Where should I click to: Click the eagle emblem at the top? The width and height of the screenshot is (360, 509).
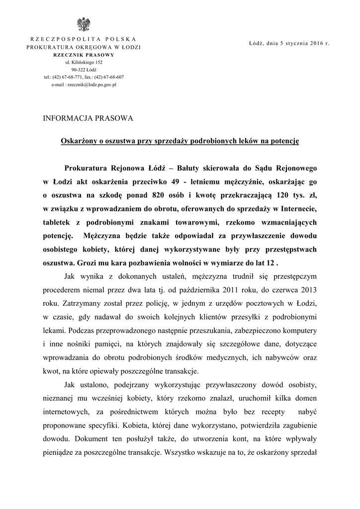coord(84,24)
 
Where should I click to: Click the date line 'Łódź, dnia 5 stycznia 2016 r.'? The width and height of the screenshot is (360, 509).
coord(289,44)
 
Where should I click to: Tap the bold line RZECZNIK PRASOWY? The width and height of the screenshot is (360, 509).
coord(84,55)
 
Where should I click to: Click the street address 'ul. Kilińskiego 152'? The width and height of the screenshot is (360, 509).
coord(84,63)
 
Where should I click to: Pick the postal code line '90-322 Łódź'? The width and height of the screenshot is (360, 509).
coord(84,70)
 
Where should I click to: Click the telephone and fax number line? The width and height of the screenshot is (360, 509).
coord(84,78)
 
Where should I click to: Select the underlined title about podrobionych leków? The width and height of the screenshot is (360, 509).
coord(180,141)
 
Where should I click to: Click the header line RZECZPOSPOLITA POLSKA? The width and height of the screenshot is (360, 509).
coord(84,39)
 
